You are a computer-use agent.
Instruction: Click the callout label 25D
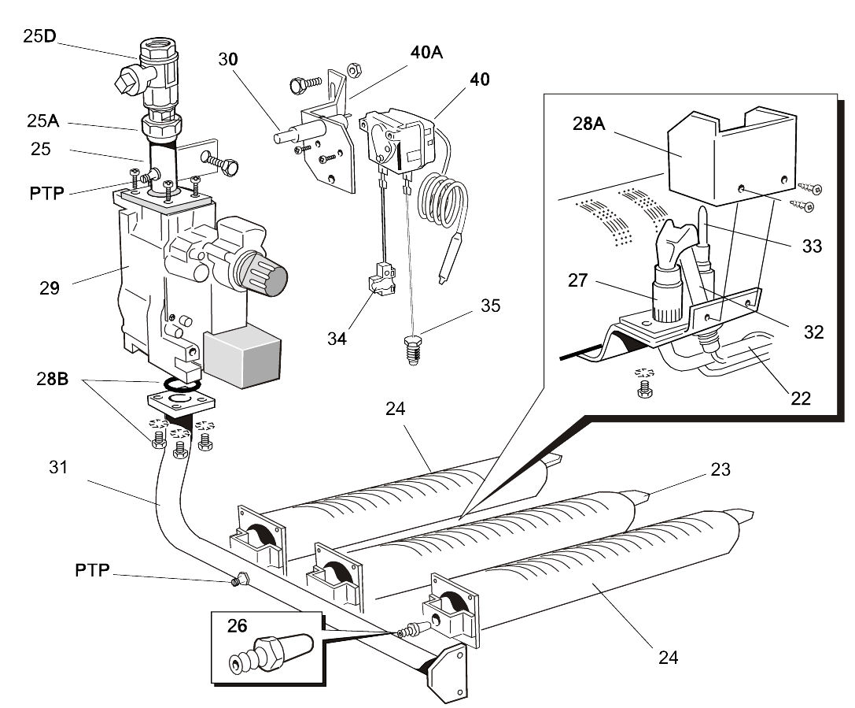pos(36,35)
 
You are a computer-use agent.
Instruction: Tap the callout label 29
pos(50,288)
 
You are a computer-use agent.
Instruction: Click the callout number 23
pos(720,470)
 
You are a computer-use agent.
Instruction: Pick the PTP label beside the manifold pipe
pos(92,569)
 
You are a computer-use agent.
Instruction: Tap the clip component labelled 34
pos(380,287)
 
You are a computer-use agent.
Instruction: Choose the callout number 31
pos(57,466)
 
